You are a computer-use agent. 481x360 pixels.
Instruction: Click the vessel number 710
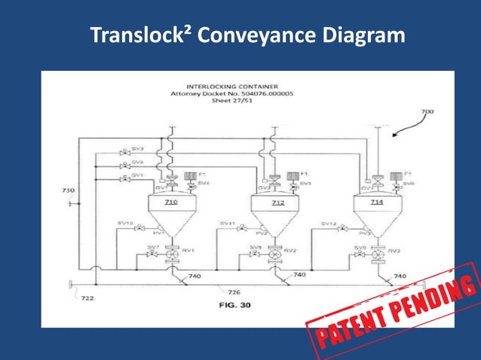[170, 203]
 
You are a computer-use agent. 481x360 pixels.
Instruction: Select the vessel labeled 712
[278, 203]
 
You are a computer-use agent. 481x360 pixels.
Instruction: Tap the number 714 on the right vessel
[376, 203]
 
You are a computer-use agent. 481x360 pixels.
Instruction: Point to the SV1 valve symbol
[124, 178]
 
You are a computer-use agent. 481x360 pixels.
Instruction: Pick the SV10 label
[125, 223]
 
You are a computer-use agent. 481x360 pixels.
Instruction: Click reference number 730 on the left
[68, 191]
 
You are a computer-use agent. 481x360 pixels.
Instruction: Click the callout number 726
[234, 291]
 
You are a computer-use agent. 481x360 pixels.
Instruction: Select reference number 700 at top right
[427, 111]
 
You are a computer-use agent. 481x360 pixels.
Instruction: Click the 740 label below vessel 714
[400, 276]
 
